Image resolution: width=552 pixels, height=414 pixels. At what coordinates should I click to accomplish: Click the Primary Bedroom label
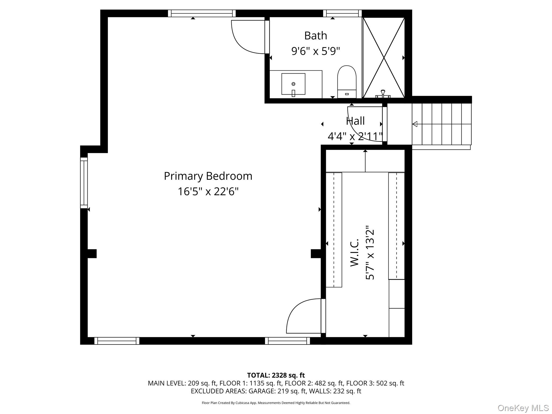(208, 176)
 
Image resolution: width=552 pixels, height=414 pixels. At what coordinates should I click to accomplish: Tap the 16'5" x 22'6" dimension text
(208, 192)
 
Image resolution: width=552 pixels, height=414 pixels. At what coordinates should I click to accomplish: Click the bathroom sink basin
(293, 84)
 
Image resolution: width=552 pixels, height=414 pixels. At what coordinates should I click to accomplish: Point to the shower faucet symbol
(383, 94)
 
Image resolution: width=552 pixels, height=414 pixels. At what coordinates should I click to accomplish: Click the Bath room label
(315, 36)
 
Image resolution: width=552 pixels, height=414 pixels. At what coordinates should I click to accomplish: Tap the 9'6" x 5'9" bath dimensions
(315, 51)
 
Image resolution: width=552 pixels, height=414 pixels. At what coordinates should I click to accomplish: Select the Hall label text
(355, 121)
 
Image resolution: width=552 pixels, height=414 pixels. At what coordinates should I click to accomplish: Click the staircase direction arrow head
(415, 124)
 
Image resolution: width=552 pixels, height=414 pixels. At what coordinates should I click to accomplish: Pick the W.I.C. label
(355, 253)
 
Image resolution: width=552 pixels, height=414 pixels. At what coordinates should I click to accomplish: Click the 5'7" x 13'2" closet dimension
(370, 253)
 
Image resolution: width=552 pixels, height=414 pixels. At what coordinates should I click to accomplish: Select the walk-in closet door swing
(303, 317)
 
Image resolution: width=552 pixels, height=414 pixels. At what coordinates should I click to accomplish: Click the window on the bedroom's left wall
(84, 183)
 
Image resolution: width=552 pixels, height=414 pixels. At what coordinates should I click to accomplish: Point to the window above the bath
(342, 13)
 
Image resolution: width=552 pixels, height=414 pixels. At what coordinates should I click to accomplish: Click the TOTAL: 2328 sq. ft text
(276, 375)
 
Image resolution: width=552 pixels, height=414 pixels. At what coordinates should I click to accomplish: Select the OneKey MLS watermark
(523, 408)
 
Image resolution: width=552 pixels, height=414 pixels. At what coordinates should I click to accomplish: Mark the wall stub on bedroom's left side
(92, 254)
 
